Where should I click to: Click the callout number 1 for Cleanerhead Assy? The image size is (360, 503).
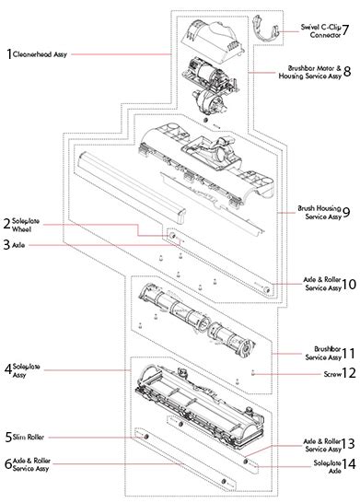[8, 54]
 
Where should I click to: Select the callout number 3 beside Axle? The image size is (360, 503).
[6, 245]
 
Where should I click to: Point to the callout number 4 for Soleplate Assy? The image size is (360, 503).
[7, 369]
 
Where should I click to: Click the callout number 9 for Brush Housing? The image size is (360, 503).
[346, 212]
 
